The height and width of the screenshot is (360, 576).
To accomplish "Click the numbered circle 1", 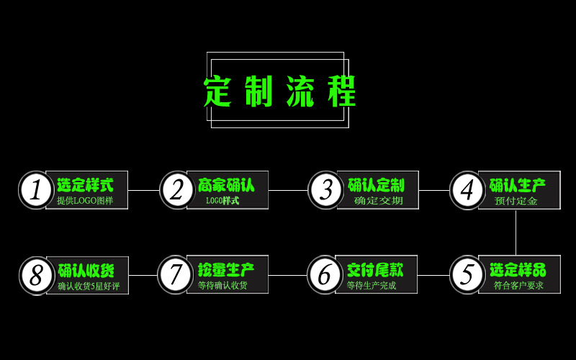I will pos(35,190).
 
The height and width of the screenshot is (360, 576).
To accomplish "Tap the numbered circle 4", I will pos(467,190).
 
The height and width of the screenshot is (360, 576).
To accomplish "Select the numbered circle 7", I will pos(175,275).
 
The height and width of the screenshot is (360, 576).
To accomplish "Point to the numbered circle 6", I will pos(325,275).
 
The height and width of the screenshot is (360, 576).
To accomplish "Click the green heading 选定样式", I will pos(85,185).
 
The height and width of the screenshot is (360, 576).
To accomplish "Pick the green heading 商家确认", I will pos(226,185).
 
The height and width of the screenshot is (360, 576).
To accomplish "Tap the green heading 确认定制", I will pos(376,185).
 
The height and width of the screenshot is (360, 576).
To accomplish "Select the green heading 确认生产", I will pos(517,185).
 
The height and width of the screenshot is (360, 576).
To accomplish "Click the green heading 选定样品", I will pos(518,270).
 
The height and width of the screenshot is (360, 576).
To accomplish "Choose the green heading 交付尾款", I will pos(375,270).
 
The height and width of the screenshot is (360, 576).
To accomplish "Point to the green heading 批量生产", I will pos(226,270).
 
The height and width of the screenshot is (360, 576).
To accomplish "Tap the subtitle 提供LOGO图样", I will pos(85,201).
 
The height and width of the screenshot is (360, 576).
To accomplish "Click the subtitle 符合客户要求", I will pos(518,286).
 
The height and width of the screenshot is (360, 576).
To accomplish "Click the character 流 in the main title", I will pos(301,91).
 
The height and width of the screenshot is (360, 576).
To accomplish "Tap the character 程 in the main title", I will pos(341,91).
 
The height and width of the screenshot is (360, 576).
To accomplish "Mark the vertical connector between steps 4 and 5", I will pos(516,232).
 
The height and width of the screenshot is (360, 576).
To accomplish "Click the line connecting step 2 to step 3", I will pos(288,190).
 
